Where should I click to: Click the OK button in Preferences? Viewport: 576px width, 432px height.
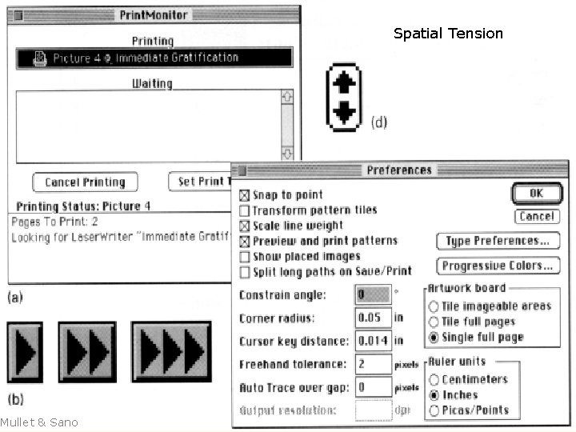[x=536, y=193]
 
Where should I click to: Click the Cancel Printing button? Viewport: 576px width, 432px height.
[x=85, y=182]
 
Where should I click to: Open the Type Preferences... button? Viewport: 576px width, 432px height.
[x=498, y=241]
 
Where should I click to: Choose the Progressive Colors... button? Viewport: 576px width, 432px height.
[x=498, y=266]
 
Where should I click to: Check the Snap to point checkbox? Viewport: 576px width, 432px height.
[x=245, y=195]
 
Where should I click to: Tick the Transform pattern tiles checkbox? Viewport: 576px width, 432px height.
[x=245, y=210]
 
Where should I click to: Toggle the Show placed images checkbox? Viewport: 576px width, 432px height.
[x=245, y=257]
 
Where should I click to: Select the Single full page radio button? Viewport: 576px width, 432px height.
[x=434, y=337]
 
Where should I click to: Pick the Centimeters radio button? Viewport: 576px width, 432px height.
[x=434, y=380]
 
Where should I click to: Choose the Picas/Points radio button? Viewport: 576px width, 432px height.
[x=434, y=410]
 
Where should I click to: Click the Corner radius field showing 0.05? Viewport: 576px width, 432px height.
[x=373, y=318]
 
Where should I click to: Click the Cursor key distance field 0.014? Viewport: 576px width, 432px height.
[x=373, y=341]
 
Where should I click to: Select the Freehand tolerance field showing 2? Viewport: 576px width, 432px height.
[x=373, y=364]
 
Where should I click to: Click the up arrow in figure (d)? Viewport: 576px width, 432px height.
[x=344, y=82]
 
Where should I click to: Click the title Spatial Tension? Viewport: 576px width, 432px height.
[x=448, y=34]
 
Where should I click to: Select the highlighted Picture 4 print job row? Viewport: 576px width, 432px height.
[x=154, y=58]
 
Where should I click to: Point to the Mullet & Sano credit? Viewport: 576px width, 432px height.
[x=39, y=422]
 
